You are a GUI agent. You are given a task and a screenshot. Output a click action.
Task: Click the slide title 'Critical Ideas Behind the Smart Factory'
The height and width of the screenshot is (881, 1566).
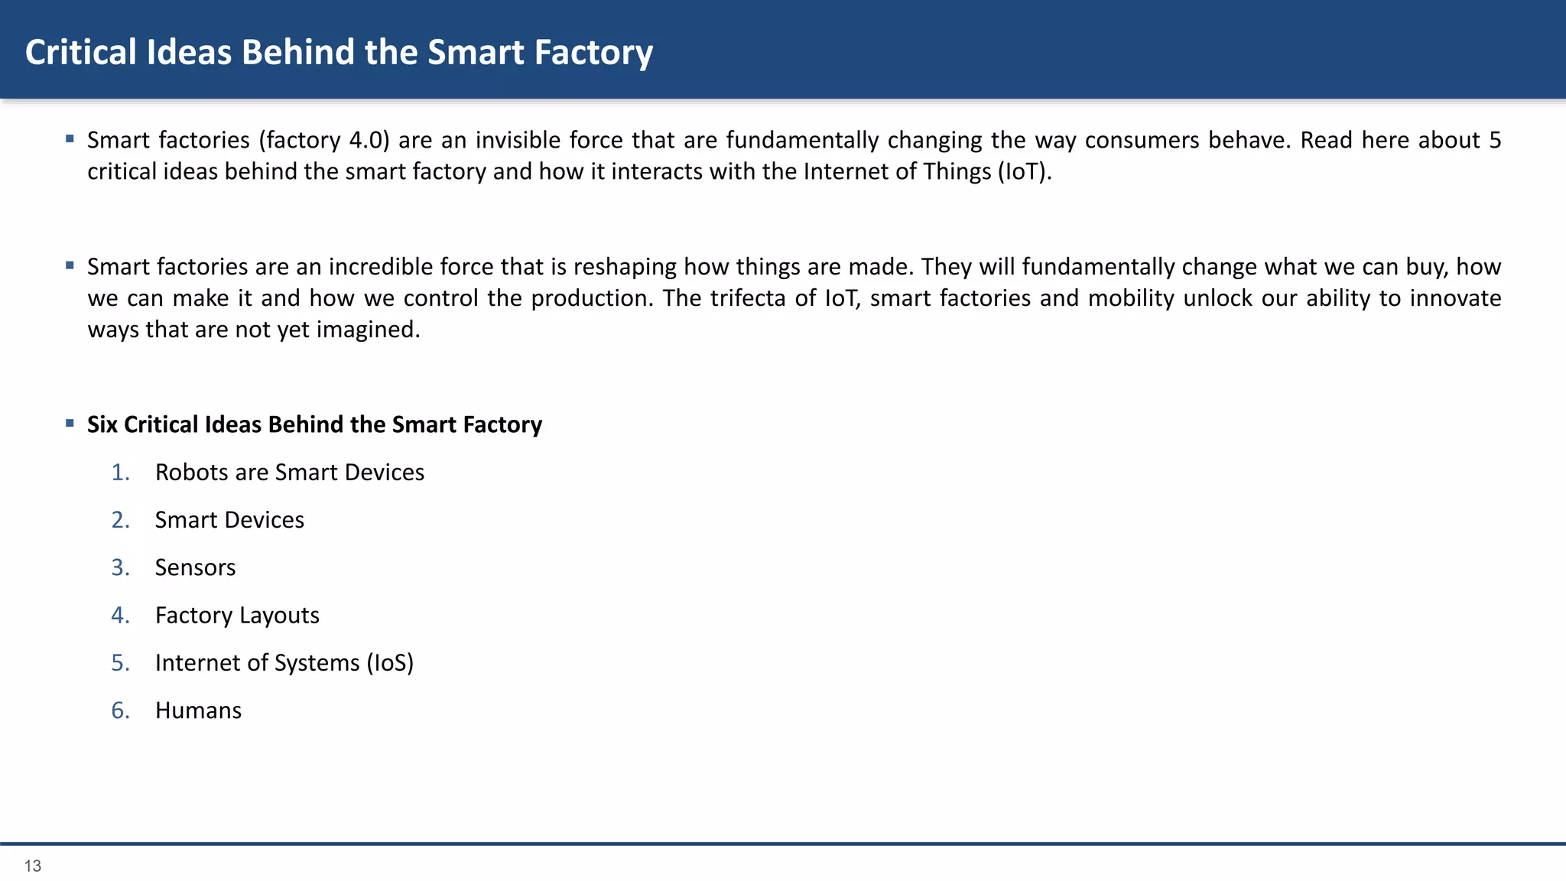[x=339, y=53]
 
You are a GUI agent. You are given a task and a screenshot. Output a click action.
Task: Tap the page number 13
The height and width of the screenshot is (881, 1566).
[x=33, y=866]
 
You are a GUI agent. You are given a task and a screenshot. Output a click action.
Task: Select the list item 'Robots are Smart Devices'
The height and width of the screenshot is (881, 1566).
[x=289, y=473]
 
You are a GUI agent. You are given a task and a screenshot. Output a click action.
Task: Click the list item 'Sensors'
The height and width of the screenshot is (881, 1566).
[x=195, y=567]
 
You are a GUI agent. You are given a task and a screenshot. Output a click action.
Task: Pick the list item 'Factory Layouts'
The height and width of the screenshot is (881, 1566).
[x=237, y=616]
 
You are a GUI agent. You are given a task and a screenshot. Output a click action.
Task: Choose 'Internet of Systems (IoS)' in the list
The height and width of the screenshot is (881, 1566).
[x=284, y=663]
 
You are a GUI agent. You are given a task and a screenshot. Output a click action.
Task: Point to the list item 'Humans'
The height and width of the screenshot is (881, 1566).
[x=198, y=710]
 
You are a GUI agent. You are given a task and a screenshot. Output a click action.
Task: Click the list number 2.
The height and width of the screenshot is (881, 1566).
[x=120, y=520]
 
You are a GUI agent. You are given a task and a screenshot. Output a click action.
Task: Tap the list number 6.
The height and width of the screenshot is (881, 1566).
[x=120, y=710]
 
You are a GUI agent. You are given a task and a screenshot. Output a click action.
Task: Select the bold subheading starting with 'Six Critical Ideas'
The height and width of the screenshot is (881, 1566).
[x=314, y=424]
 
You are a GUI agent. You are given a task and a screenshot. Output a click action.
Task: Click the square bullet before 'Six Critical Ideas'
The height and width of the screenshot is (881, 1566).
[x=70, y=423]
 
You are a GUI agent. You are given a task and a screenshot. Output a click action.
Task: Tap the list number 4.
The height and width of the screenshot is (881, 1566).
[x=120, y=616]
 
